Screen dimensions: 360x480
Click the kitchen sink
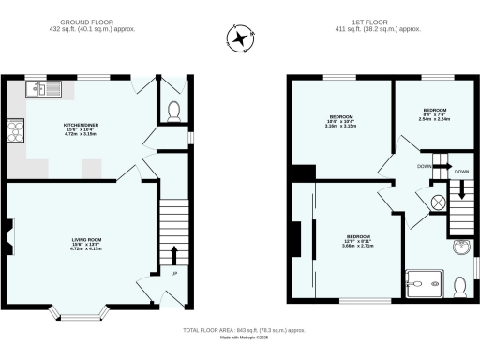coord(43,89)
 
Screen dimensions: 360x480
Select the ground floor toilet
coord(172,111)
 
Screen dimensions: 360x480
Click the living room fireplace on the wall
coord(9,236)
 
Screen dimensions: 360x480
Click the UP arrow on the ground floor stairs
coord(173,255)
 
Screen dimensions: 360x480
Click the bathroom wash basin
coord(459,247)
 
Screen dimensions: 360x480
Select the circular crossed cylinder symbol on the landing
coord(435,202)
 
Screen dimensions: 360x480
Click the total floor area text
coord(242,330)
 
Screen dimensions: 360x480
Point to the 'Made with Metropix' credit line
coord(242,339)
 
